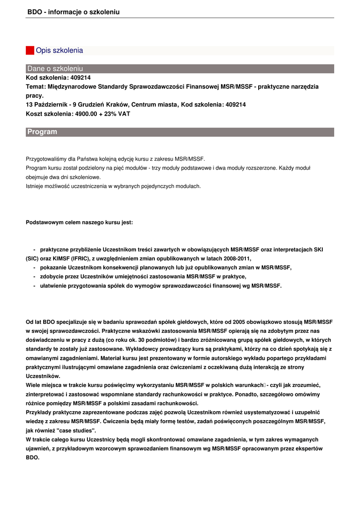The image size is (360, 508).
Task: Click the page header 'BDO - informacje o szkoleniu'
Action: point(73,11)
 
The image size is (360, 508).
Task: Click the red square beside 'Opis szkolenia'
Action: point(30,51)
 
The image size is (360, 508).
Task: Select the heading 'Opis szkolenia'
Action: point(59,51)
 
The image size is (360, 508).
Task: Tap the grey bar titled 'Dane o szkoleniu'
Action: point(180,68)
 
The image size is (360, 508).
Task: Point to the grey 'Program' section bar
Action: point(180,132)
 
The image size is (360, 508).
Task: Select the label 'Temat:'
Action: point(35,87)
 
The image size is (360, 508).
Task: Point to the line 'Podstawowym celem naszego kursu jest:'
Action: point(79,223)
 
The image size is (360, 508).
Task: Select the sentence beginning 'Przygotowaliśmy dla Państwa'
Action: point(115,159)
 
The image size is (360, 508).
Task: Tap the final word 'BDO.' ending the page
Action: point(32,457)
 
